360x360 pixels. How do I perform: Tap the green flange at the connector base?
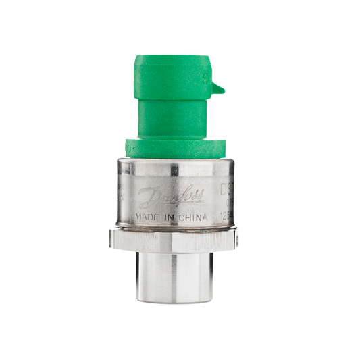(178, 148)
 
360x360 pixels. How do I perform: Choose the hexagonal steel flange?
(174, 238)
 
